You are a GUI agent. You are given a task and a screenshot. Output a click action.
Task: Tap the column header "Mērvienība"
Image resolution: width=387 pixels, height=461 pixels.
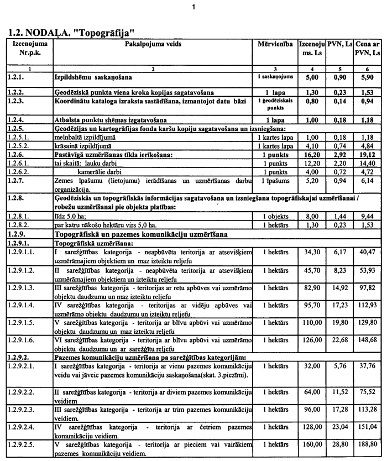click(275, 43)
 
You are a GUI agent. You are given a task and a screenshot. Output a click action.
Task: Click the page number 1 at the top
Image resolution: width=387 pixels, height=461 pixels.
click(193, 7)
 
